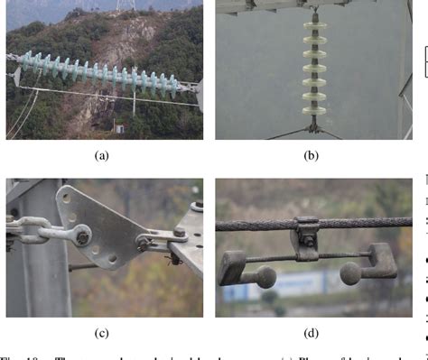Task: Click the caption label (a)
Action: click(x=101, y=155)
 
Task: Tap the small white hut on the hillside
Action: click(x=115, y=125)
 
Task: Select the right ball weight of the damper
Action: click(x=348, y=273)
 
